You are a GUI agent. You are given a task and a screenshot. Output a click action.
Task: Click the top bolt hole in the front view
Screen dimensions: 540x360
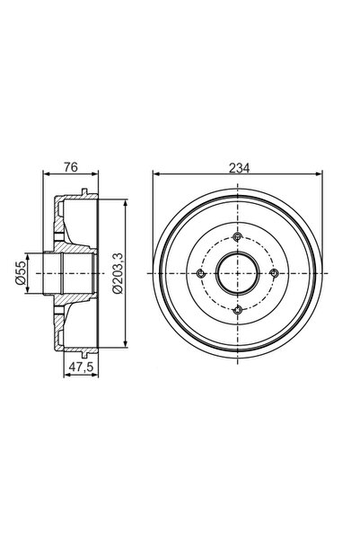click(236, 237)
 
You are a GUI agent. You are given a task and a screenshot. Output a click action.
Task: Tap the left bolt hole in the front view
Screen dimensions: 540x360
click(199, 274)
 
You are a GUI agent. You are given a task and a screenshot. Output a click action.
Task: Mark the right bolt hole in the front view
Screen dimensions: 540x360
click(273, 274)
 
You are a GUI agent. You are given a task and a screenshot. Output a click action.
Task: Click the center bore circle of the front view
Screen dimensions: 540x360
click(236, 274)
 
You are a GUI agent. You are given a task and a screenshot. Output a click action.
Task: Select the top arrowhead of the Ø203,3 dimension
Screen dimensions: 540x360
click(124, 206)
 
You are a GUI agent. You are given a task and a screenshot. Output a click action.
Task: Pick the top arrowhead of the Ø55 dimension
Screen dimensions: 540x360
click(30, 256)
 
